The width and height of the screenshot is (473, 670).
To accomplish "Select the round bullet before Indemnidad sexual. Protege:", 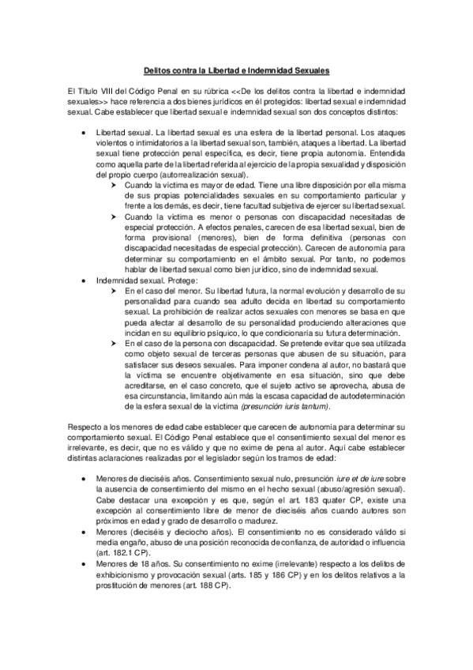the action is [83, 281].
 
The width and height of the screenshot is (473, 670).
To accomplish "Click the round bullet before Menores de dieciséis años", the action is [83, 479].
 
